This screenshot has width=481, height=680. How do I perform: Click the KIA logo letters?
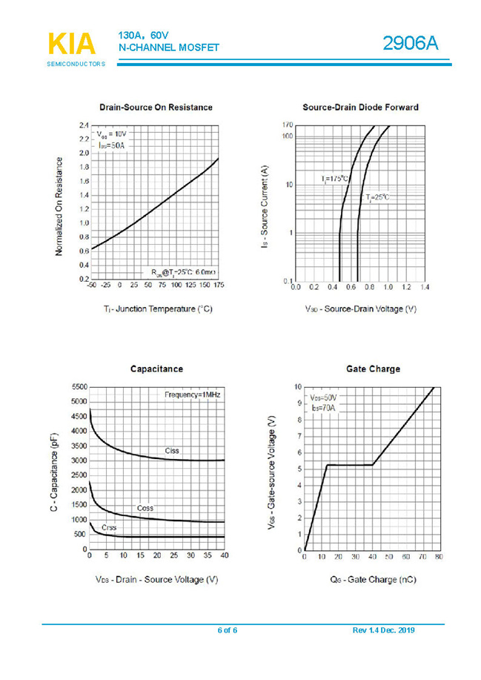(x=72, y=44)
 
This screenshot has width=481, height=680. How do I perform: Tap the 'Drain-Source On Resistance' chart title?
(x=156, y=108)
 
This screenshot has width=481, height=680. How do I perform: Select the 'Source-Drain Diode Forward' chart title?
(x=360, y=108)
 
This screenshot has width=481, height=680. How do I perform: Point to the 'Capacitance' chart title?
(x=156, y=369)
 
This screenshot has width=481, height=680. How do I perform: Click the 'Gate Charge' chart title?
(x=373, y=369)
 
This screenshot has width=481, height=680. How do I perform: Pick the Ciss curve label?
(x=172, y=450)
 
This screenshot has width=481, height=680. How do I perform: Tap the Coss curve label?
(x=145, y=508)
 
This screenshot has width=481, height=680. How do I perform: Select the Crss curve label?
(x=109, y=527)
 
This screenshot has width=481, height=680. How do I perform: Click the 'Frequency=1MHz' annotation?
(x=192, y=395)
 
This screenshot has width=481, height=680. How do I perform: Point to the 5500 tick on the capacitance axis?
(x=78, y=387)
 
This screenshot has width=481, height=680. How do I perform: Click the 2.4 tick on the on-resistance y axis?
(x=84, y=125)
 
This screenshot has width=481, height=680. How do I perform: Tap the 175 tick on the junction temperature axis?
(x=219, y=285)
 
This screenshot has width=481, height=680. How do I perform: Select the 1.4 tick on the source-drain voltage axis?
(x=425, y=286)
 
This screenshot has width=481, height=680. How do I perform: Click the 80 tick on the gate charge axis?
(x=439, y=556)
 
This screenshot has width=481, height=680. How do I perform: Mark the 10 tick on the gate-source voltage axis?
(x=297, y=387)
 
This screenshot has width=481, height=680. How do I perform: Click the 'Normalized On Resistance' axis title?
(x=59, y=206)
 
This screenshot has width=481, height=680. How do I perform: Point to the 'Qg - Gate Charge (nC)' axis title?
(x=373, y=579)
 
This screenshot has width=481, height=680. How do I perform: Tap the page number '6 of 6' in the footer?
(x=228, y=630)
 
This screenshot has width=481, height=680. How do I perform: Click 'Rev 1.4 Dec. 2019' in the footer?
(x=383, y=630)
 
